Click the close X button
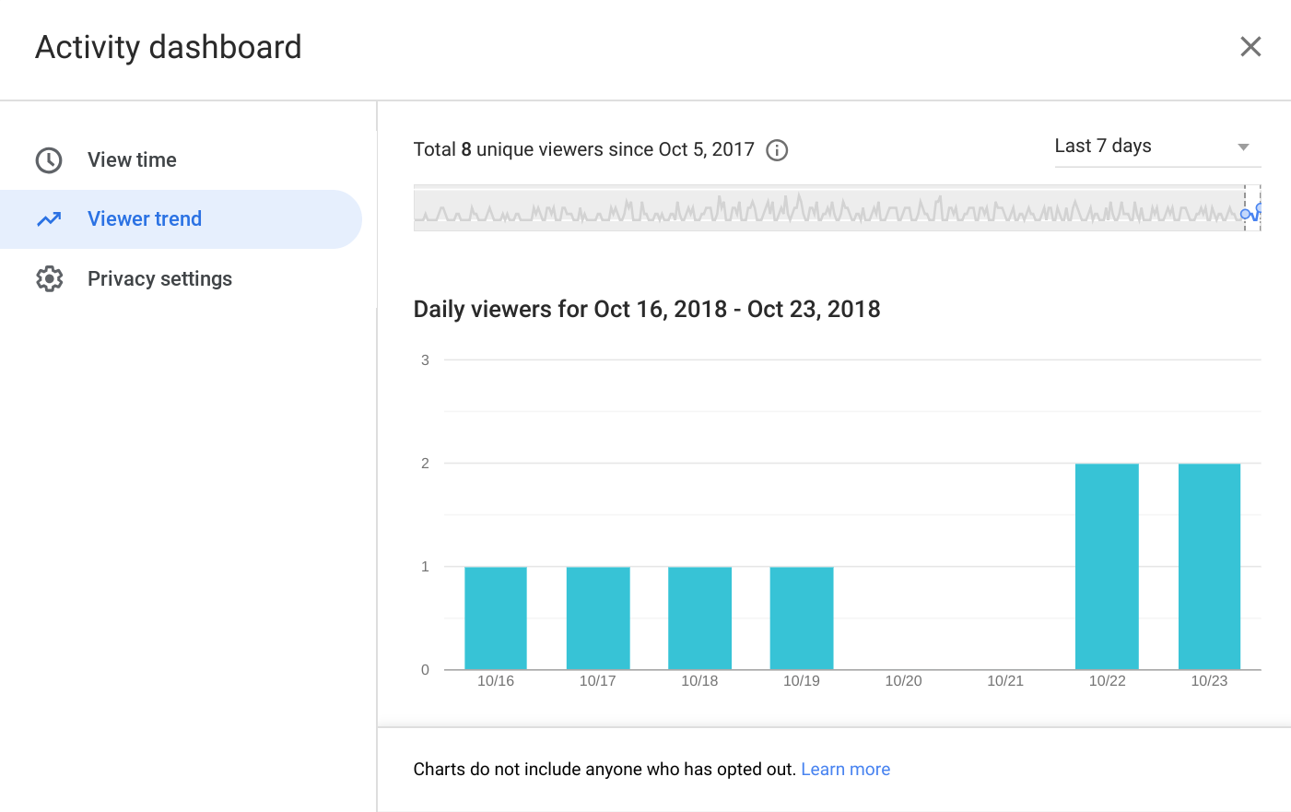point(1250,47)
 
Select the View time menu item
point(132,160)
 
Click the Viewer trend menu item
point(145,219)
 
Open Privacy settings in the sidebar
point(159,279)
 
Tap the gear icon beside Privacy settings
point(50,279)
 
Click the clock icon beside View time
point(49,160)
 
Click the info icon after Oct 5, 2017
point(777,150)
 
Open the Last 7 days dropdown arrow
point(1243,147)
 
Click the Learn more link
point(845,770)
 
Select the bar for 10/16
point(496,618)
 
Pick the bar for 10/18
point(699,618)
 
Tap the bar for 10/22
point(1107,567)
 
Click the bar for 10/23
point(1209,567)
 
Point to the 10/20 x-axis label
point(903,681)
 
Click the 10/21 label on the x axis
point(1005,681)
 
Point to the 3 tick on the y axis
point(425,360)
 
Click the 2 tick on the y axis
point(425,464)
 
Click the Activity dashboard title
point(169,47)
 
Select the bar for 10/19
point(802,618)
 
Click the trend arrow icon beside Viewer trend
point(49,219)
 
